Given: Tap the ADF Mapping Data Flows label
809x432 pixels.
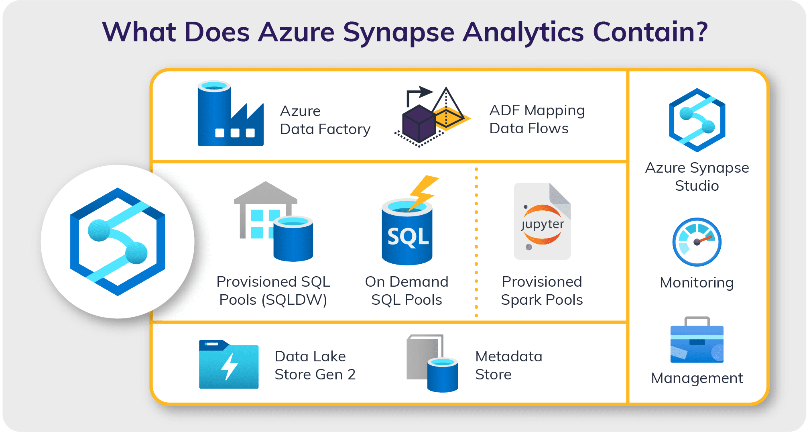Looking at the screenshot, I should point(537,119).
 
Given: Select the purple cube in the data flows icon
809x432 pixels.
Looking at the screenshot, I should point(419,124).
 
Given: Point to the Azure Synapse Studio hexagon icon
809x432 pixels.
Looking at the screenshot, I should point(697,120).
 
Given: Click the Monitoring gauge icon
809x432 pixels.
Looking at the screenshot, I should point(697,242).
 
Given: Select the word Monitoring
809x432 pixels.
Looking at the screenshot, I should point(697,283).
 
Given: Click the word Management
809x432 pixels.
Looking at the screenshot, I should point(697,378).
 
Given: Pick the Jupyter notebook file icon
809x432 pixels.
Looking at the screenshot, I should point(542,222).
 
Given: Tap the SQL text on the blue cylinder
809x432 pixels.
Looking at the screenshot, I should point(408,237).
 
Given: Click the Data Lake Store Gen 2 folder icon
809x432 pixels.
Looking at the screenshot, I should point(229,365).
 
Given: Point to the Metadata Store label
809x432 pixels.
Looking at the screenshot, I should point(508,365).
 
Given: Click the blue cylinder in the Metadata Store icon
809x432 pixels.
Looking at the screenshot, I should point(442,375).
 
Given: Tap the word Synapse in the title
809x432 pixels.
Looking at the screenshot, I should point(398,32).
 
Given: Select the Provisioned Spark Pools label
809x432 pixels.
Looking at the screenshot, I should point(542,291).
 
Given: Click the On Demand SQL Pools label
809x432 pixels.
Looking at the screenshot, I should point(407,291).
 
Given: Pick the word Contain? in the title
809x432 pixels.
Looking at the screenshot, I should point(650,32).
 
